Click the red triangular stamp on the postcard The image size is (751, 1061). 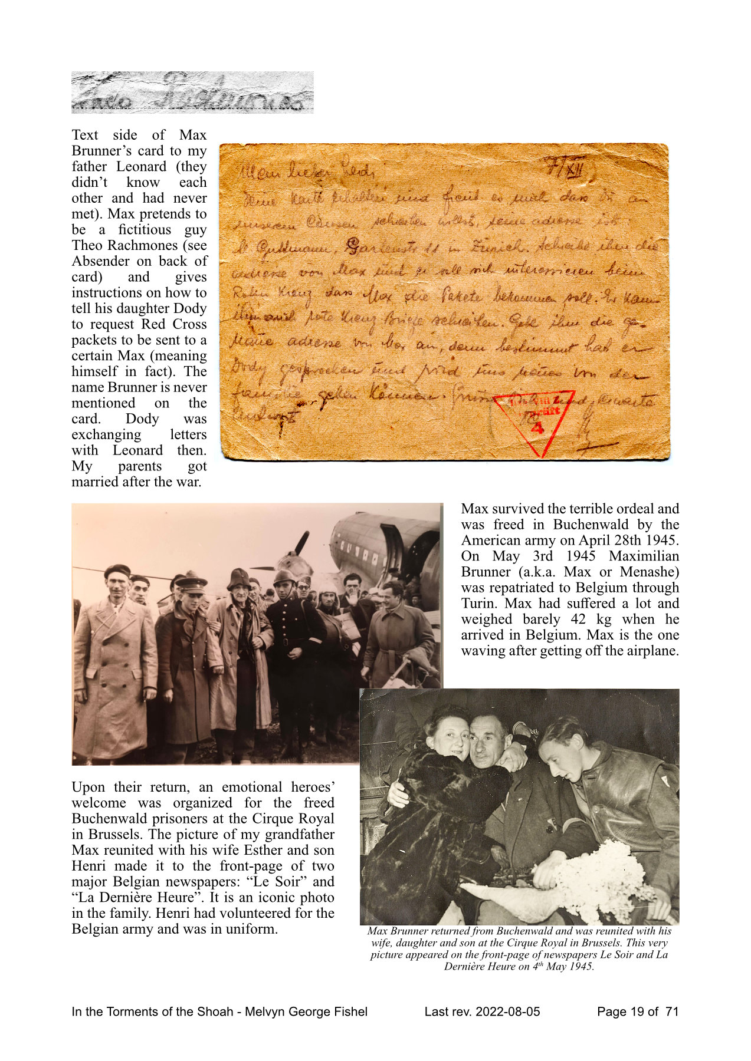point(534,420)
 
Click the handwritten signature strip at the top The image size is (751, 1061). point(192,93)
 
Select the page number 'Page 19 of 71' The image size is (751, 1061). point(638,1011)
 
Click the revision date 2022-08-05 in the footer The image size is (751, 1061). point(507,1011)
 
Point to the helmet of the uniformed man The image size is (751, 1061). point(285,576)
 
